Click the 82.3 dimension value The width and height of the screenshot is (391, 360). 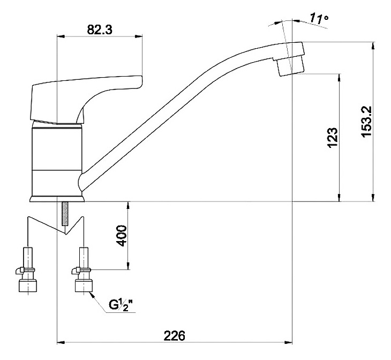tap(100, 29)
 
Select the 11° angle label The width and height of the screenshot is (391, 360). tap(319, 18)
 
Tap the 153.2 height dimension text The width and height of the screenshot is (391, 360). tap(366, 122)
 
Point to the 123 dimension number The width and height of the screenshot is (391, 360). tap(333, 138)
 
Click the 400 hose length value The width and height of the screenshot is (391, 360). tap(122, 236)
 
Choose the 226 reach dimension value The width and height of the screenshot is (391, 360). tap(174, 336)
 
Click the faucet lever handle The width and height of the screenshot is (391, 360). tap(85, 99)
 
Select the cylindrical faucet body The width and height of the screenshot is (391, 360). tap(57, 159)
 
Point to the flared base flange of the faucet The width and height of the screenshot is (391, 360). tap(57, 199)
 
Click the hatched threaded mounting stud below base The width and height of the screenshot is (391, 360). tap(65, 214)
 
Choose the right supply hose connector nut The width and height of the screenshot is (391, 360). tap(84, 286)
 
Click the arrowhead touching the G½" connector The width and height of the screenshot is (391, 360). tap(94, 296)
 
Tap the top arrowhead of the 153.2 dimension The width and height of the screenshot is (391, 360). tap(373, 46)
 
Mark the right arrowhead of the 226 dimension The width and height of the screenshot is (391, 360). tap(288, 342)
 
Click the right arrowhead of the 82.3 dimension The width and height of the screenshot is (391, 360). tap(138, 36)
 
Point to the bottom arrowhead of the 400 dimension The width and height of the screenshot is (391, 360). tap(128, 266)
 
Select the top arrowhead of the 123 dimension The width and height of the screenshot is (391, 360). tap(339, 78)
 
